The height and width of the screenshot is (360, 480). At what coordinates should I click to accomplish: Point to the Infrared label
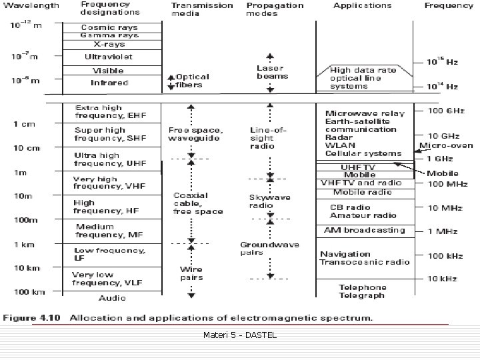109,83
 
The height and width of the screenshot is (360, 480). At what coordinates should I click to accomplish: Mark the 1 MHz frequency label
441,231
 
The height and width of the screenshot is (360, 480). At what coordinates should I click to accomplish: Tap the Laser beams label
270,72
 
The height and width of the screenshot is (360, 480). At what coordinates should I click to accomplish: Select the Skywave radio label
261,201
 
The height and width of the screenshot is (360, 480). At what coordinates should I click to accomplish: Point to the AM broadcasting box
364,230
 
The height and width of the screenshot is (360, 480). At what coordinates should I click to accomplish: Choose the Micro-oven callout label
446,145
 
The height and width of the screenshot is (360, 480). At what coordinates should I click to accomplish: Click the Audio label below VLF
112,298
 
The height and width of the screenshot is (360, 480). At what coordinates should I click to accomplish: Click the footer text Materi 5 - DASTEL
239,334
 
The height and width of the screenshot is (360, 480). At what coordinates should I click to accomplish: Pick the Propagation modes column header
275,9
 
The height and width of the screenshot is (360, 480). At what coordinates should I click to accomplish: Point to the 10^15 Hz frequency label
443,61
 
